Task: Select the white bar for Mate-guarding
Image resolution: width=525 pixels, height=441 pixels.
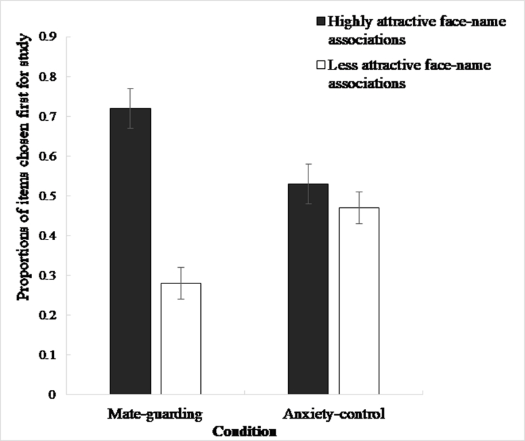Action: [181, 339]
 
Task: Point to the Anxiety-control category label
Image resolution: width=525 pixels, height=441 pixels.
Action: [334, 415]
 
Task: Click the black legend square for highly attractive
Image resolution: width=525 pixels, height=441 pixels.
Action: [321, 22]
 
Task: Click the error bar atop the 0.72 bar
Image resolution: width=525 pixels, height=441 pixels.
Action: [130, 108]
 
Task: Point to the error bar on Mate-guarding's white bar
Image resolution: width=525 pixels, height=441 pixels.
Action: [181, 283]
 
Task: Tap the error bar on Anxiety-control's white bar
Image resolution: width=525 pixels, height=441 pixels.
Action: [359, 207]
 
